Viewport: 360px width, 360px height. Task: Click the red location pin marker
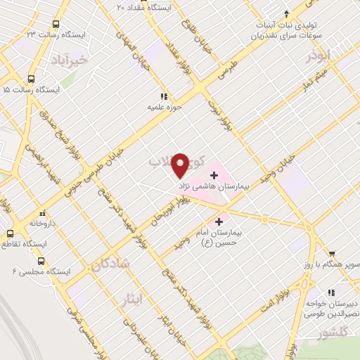180,165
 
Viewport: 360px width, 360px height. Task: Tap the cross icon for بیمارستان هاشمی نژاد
214,174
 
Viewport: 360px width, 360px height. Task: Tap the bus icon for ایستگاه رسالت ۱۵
30,79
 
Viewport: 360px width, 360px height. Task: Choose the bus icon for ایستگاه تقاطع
10,233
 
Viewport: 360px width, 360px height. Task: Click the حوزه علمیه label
160,108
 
